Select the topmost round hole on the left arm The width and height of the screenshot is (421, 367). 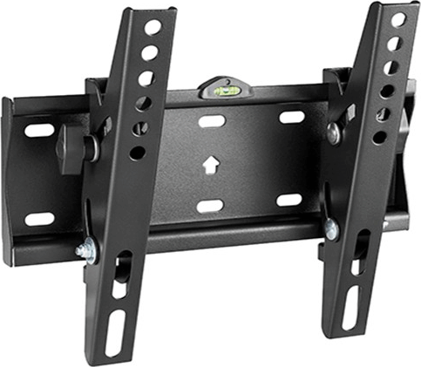tap(153, 27)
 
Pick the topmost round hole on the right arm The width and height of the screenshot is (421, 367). tap(397, 19)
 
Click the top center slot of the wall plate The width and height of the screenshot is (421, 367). tap(212, 120)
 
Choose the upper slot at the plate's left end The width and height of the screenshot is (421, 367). tap(39, 131)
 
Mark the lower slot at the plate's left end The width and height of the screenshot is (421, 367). tap(39, 218)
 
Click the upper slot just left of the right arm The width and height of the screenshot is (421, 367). tap(291, 116)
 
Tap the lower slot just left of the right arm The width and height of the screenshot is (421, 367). tap(289, 200)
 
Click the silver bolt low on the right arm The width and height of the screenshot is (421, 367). tap(331, 228)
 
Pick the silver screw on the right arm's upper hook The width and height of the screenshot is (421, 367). tap(334, 133)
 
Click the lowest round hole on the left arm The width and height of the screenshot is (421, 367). tap(137, 153)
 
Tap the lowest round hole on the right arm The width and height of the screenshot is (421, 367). tap(379, 137)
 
